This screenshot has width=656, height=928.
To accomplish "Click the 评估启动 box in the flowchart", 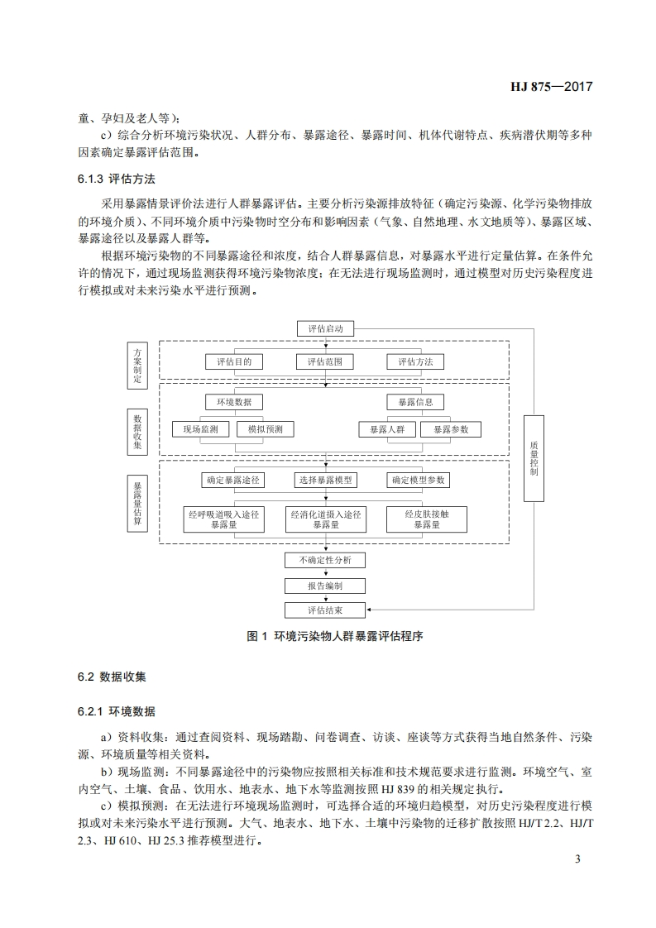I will coord(325,328).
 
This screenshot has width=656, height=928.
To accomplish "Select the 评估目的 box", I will coord(234,361).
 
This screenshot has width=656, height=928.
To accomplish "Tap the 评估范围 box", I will coord(325,361).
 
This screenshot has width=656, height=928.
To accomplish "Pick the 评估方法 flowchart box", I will coord(415,361).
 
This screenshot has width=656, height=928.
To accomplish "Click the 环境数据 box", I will coord(234,402).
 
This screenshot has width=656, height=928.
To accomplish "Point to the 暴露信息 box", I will coord(415,402).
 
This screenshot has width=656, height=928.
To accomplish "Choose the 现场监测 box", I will coord(200,429).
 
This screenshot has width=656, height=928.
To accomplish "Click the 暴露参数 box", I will coord(450,429).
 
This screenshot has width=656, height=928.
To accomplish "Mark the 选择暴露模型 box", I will coord(325,480).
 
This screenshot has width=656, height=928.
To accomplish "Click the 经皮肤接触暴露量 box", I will coord(426,519).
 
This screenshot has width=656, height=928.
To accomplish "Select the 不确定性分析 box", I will coord(325,560).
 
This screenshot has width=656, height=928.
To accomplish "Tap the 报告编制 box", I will coord(325,585).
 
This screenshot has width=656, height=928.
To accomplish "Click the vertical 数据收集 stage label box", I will coord(138,430).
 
